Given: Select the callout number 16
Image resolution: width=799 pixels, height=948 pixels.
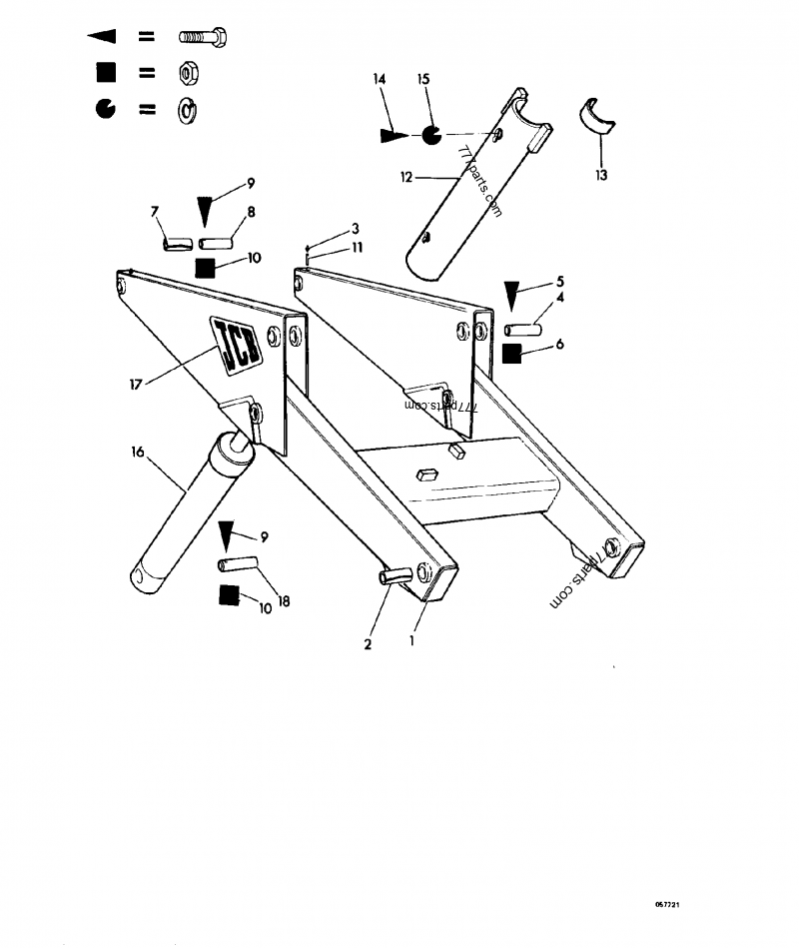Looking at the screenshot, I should pyautogui.click(x=137, y=453).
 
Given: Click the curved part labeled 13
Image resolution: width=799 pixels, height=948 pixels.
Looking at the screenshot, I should pyautogui.click(x=599, y=116).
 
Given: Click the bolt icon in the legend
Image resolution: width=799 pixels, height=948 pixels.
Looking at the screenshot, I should pyautogui.click(x=205, y=37).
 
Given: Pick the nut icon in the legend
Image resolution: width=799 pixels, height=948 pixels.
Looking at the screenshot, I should pyautogui.click(x=187, y=73).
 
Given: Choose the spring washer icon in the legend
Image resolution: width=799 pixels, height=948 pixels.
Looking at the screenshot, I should pyautogui.click(x=187, y=110).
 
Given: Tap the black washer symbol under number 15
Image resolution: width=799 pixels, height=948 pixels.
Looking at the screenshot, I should pyautogui.click(x=429, y=134).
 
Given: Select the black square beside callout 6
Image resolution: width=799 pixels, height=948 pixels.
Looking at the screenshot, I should pyautogui.click(x=512, y=354).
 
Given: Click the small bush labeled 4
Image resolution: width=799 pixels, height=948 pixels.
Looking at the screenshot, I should pyautogui.click(x=522, y=328).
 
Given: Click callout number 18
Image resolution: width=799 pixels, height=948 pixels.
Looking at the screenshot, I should pyautogui.click(x=284, y=603).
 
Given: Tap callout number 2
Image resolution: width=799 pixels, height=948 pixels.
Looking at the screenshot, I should pyautogui.click(x=368, y=644).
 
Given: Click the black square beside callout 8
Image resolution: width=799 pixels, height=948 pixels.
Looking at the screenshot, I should pyautogui.click(x=206, y=268).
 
